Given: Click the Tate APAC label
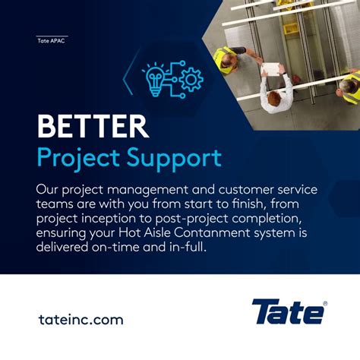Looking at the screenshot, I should tap(52, 41).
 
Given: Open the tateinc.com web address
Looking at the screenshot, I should tap(80, 320).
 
